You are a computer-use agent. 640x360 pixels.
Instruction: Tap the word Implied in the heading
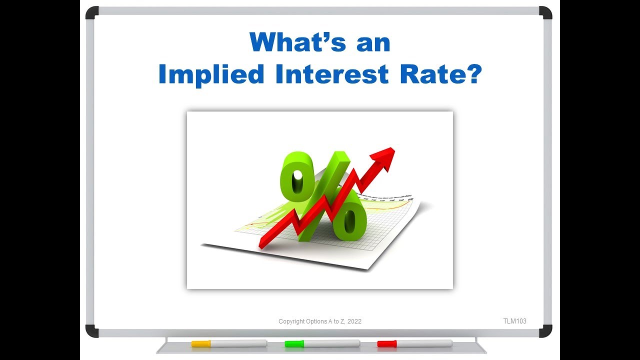tap(210, 74)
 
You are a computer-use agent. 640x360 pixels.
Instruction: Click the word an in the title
tap(373, 42)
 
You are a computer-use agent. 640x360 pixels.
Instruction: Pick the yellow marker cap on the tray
tap(201, 343)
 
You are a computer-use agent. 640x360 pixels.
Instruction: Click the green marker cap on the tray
tap(294, 343)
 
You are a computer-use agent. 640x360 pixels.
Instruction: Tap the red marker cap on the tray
tap(386, 343)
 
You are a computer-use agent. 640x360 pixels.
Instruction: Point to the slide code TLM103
tap(514, 321)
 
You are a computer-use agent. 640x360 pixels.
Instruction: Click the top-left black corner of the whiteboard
tap(91, 12)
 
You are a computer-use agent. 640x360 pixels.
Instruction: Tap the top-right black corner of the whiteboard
tap(546, 12)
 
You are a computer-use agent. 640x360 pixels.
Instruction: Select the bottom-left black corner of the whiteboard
tap(91, 331)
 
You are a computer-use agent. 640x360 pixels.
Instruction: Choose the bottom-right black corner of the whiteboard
tap(546, 331)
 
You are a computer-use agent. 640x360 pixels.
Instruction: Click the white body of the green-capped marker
tap(332, 343)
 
